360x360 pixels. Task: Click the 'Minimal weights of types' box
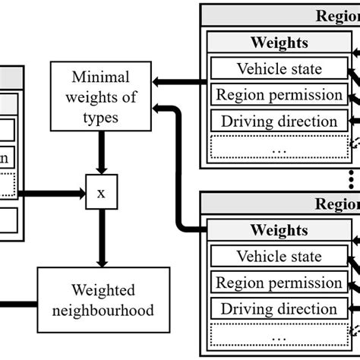[100, 98]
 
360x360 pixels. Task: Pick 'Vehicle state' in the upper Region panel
[279, 69]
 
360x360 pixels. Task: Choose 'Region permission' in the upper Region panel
[279, 95]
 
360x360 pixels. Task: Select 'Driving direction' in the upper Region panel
[279, 121]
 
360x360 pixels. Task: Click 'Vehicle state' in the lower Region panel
[279, 257]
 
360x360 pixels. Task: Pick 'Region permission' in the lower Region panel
[279, 283]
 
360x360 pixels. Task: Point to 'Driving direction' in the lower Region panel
[279, 309]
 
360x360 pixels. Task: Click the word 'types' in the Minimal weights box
[100, 117]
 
